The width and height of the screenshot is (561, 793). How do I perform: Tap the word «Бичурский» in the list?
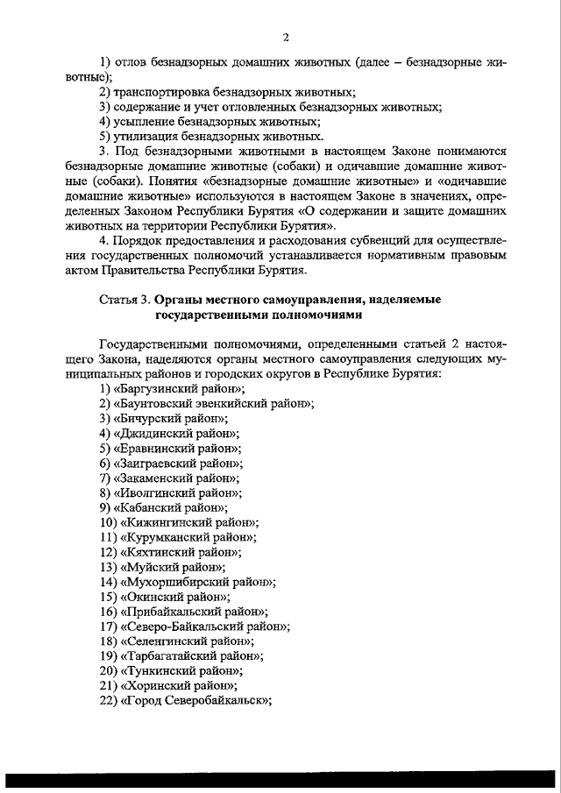(x=150, y=418)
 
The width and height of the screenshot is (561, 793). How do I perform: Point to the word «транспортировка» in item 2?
(x=163, y=92)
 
